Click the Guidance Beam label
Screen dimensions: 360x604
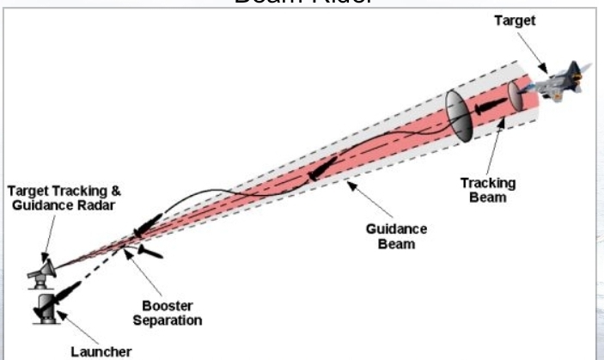tap(393, 236)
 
